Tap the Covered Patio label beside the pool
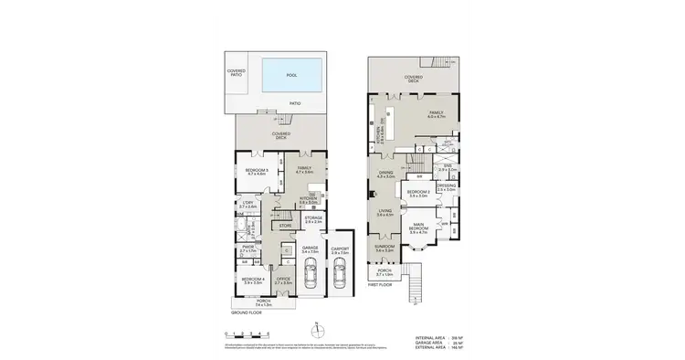click(237, 72)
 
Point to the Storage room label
click(314, 218)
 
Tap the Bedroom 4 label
click(251, 280)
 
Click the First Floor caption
click(381, 285)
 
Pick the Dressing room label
click(446, 187)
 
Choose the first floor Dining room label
click(385, 173)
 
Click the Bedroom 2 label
click(419, 194)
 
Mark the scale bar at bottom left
click(247, 337)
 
